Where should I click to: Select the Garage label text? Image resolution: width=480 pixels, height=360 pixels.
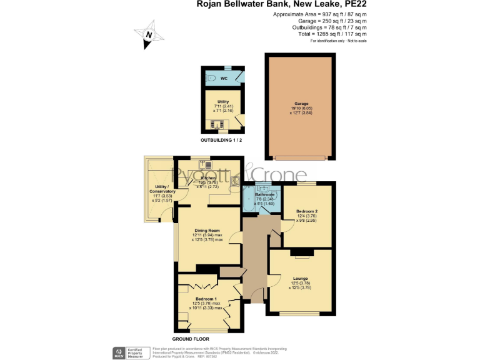click(x=301, y=103)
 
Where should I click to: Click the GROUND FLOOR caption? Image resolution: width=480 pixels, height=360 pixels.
click(x=191, y=338)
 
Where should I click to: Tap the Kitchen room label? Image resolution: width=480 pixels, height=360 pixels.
click(x=208, y=178)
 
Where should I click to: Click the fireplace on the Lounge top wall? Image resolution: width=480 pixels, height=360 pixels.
click(x=301, y=252)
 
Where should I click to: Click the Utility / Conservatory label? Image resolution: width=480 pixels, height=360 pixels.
click(x=157, y=192)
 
